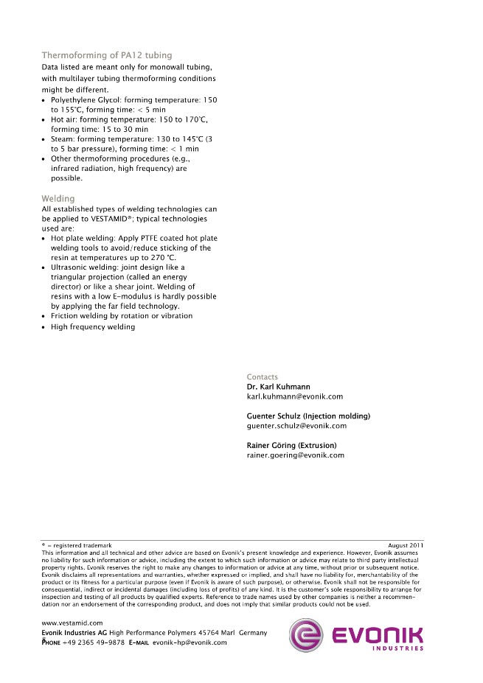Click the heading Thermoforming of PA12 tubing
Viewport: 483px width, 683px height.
(107, 55)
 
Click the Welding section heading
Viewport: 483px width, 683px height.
(58, 199)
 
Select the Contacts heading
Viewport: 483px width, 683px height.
(263, 377)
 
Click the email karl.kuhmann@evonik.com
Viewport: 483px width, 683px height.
(294, 396)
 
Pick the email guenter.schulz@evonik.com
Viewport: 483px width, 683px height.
(296, 426)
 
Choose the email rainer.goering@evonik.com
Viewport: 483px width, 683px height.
(295, 455)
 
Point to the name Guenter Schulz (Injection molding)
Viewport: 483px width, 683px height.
(308, 416)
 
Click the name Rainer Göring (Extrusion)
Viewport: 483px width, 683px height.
(291, 446)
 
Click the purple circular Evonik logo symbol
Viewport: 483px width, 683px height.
(306, 634)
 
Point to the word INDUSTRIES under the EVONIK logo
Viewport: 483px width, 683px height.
(397, 648)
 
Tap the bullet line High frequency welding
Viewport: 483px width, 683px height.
(92, 327)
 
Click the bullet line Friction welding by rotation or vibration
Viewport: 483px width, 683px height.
(122, 316)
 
